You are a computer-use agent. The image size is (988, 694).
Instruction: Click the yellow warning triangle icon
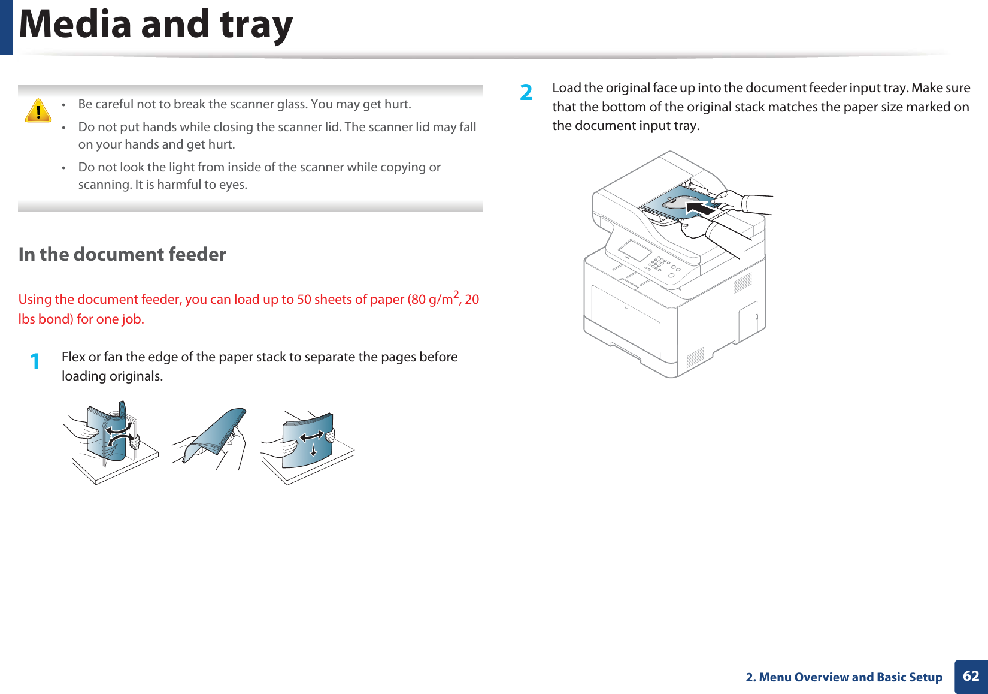click(38, 111)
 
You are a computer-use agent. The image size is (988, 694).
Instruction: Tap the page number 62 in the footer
click(971, 676)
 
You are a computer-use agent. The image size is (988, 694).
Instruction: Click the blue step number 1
click(35, 361)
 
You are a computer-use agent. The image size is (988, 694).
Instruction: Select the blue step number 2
click(526, 92)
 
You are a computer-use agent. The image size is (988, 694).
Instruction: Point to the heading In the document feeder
click(122, 254)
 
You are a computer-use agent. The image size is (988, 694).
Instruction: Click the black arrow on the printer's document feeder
click(701, 208)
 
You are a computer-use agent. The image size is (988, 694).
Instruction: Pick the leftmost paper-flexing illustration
click(111, 440)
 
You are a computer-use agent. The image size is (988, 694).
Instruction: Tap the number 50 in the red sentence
click(304, 299)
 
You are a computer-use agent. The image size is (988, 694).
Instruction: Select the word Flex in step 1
click(74, 357)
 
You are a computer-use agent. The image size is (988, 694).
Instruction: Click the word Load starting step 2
click(566, 88)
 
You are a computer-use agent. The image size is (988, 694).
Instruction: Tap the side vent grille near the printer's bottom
click(695, 357)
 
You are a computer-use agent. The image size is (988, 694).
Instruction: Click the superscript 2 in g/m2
click(456, 294)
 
